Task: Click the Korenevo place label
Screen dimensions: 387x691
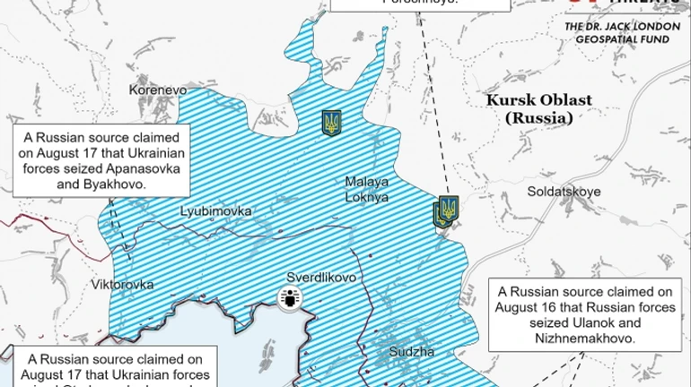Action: click(x=157, y=90)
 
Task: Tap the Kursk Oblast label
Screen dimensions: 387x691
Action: click(x=538, y=100)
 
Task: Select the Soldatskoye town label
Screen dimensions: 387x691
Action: click(x=564, y=192)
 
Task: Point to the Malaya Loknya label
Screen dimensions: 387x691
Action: click(x=367, y=189)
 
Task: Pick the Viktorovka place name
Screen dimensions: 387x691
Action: click(x=122, y=285)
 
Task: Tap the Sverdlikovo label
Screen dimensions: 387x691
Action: click(x=321, y=278)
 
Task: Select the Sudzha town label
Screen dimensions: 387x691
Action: click(x=412, y=352)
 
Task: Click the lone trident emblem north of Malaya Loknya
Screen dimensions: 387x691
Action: click(x=331, y=123)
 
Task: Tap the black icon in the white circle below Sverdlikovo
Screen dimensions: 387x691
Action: click(x=290, y=299)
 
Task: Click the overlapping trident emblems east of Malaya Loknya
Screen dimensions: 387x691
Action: click(x=446, y=211)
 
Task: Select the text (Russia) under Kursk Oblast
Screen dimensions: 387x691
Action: click(x=538, y=117)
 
